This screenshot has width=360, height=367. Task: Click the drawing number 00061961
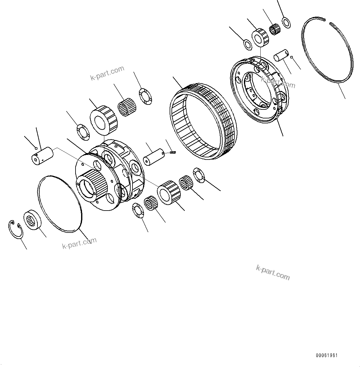[x=327, y=355]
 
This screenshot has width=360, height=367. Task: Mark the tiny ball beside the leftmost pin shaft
[x=36, y=147]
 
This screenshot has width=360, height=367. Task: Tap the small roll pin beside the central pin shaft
[x=174, y=152]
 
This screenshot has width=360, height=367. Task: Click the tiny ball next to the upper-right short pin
[x=292, y=57]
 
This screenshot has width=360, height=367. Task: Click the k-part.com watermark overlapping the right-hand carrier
[x=278, y=82]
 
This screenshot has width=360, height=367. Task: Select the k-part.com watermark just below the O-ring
[x=79, y=243]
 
